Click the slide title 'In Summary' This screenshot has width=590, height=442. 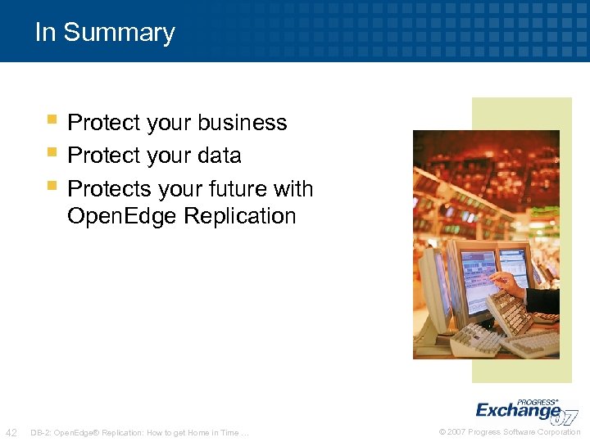tap(105, 32)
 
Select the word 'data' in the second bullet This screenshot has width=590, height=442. tap(219, 156)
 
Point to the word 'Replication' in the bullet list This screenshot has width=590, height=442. tap(240, 216)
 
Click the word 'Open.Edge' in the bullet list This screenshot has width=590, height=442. tap(123, 216)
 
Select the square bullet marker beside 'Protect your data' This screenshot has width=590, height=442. tap(52, 152)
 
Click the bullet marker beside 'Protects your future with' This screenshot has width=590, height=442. tap(52, 186)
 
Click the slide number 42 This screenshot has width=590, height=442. tap(12, 432)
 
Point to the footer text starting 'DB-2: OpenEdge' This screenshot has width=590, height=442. tap(138, 432)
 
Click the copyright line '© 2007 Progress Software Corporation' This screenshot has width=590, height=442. tap(510, 432)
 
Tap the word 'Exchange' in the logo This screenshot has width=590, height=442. tap(518, 410)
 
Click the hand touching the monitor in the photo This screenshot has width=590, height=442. tap(508, 284)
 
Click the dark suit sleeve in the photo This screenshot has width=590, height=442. tap(543, 300)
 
